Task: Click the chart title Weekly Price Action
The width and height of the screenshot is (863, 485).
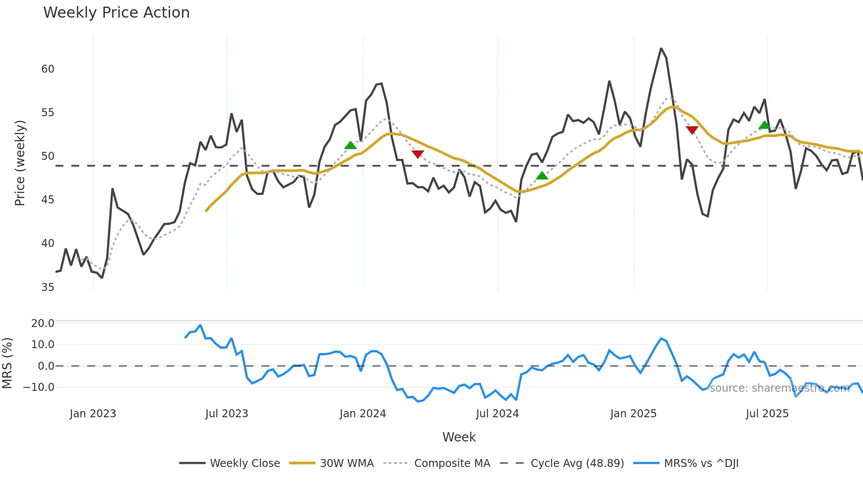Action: point(116,13)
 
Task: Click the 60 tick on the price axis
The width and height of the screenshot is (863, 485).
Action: point(48,69)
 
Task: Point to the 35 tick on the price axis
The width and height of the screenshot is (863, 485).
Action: point(48,287)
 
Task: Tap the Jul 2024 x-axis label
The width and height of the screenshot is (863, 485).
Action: point(497,414)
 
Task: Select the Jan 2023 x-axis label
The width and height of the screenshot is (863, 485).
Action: point(93,414)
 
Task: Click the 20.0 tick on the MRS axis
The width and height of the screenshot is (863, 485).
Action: point(43,323)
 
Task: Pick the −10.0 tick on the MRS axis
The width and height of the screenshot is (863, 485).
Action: point(39,387)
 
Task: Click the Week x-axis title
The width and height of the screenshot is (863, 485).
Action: point(459,437)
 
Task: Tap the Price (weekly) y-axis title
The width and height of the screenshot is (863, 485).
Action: point(20,163)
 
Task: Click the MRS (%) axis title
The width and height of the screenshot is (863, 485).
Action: point(7,363)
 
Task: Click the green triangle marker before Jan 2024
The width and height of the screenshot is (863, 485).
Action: point(350,145)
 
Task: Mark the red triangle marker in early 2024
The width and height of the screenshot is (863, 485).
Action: point(417,154)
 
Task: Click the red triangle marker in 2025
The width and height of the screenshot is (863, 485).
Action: point(692,130)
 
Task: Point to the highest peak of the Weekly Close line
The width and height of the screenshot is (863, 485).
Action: point(661,48)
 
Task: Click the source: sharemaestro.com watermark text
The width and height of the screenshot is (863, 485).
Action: point(779,388)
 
